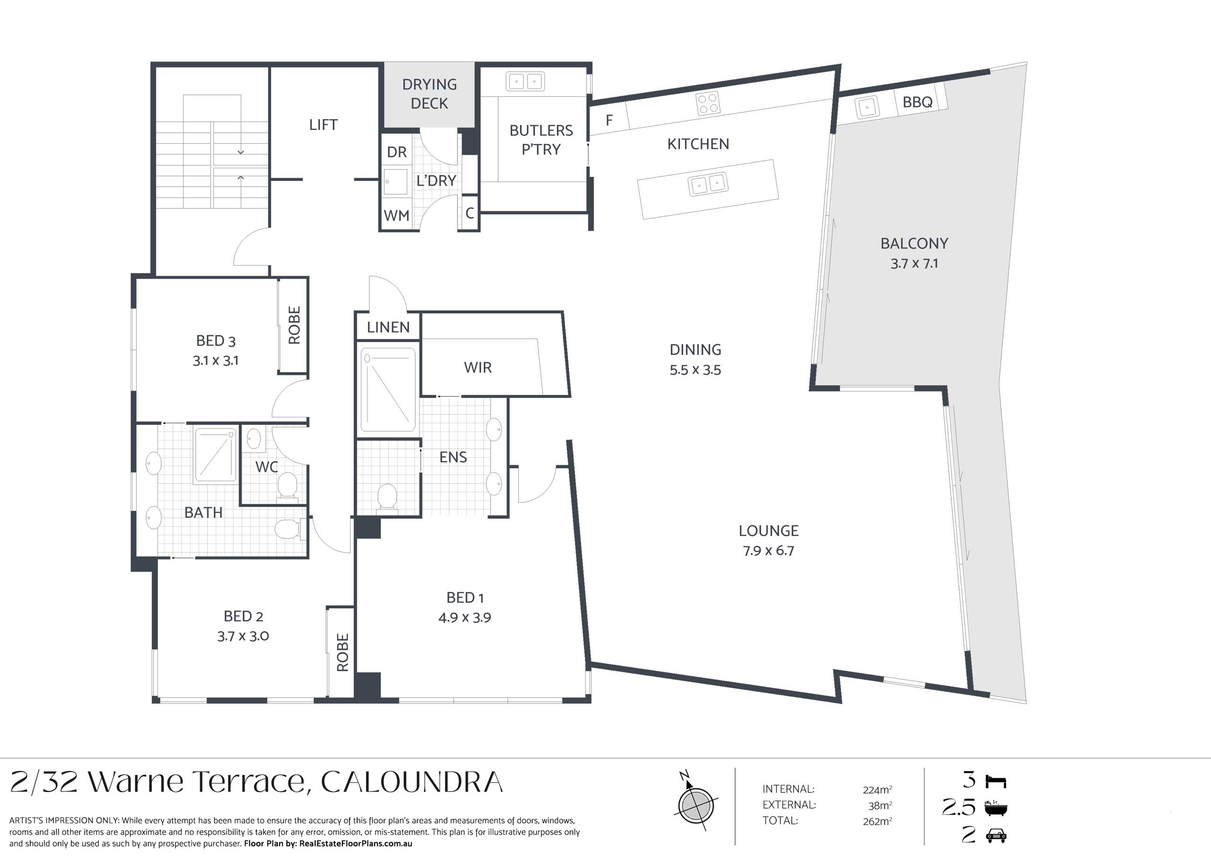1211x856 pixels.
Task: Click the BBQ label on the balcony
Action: click(x=917, y=102)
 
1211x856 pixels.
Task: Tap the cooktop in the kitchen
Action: click(x=708, y=104)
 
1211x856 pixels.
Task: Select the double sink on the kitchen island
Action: click(x=708, y=184)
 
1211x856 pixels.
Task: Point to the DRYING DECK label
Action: click(x=430, y=94)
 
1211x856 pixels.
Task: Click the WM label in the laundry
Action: click(x=396, y=216)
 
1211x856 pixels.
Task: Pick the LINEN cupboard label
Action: click(x=388, y=328)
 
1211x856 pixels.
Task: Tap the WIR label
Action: click(x=478, y=367)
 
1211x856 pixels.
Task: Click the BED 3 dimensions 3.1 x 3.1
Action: click(x=215, y=361)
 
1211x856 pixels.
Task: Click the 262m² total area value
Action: click(x=877, y=821)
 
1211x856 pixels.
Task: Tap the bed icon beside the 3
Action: click(x=996, y=781)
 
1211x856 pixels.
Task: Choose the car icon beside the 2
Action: click(x=996, y=836)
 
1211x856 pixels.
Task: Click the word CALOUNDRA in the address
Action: click(x=412, y=782)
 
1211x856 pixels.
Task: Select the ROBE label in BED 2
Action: click(x=342, y=653)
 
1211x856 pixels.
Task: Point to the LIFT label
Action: click(x=323, y=125)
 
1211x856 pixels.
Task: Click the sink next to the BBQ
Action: click(x=867, y=108)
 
